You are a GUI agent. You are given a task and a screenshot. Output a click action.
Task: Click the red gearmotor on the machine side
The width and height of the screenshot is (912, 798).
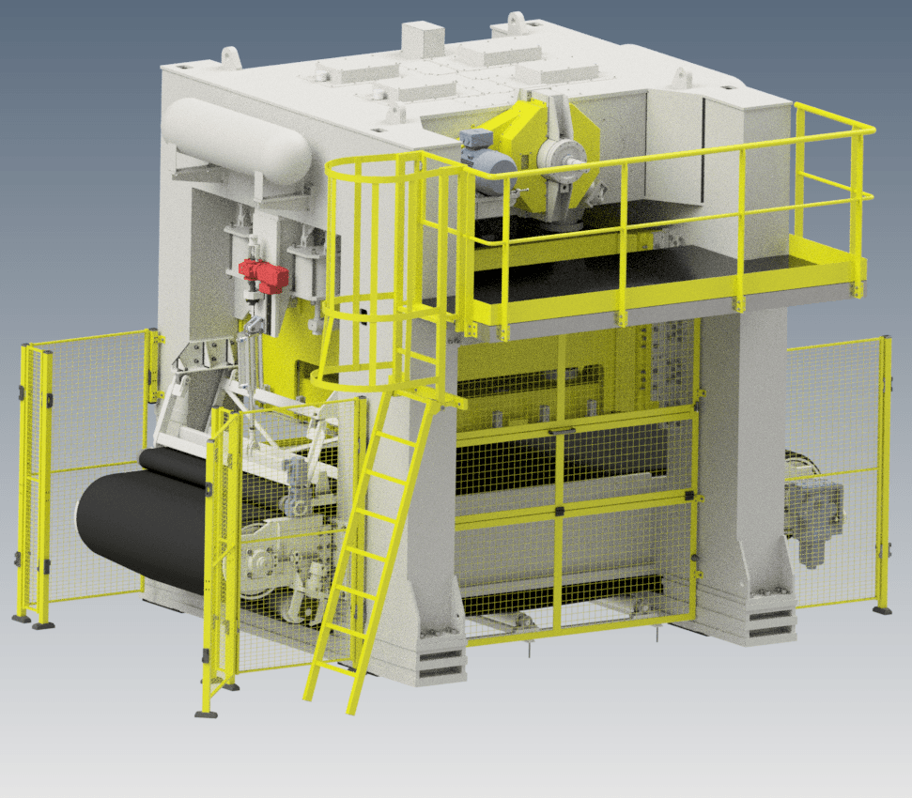click(263, 274)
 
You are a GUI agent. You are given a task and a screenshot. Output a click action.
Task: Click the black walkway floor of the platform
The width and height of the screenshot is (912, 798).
click(657, 268)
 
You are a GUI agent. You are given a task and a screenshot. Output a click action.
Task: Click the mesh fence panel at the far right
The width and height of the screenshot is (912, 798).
click(836, 469)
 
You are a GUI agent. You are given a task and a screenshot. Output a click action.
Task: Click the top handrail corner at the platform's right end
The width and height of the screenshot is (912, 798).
click(869, 128)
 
